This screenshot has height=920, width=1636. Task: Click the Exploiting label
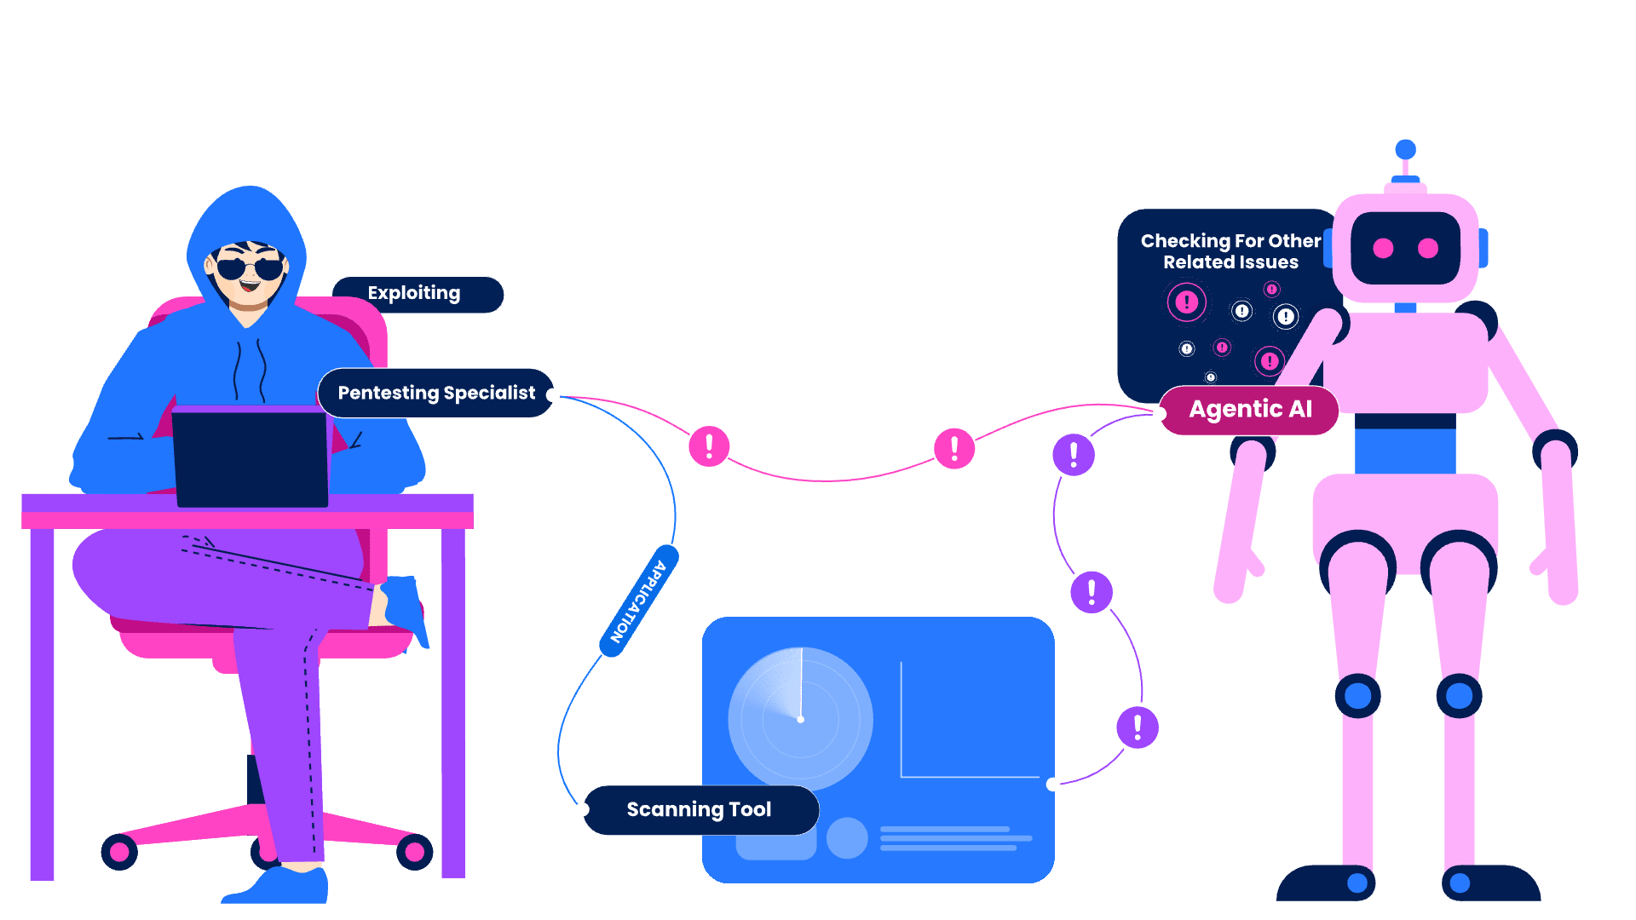418,294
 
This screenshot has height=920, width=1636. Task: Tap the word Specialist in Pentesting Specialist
489,393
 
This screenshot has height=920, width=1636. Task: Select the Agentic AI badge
1249,410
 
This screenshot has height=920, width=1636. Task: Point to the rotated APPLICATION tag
639,601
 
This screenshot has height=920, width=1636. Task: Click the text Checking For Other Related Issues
1230,251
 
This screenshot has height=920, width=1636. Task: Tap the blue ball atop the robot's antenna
1406,150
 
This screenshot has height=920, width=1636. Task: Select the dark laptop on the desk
250,457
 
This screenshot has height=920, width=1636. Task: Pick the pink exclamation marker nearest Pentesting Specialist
709,446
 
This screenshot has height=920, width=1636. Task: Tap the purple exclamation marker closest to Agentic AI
1074,454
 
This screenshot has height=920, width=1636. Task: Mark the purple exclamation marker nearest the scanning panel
1138,727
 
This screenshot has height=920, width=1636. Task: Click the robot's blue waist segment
1405,451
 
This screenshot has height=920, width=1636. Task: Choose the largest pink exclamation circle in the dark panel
1186,302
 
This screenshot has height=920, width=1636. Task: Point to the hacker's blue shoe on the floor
276,887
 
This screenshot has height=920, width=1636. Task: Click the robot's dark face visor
1405,248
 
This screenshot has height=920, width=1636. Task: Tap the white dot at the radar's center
800,720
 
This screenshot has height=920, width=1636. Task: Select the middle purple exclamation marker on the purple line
1092,592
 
